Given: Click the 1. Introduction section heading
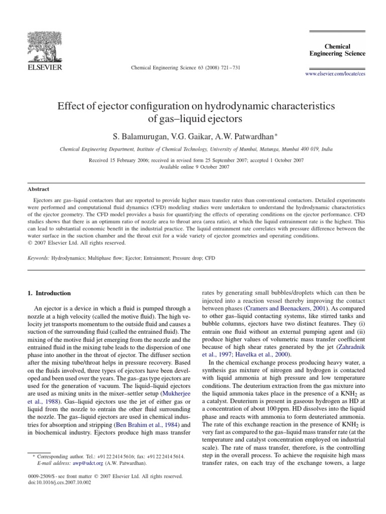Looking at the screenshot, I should pos(48,293).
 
